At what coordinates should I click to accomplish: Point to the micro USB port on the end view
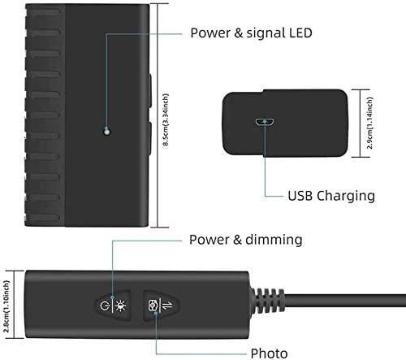[264, 123]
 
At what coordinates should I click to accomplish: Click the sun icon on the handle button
[122, 306]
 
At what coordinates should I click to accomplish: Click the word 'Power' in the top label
[209, 33]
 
